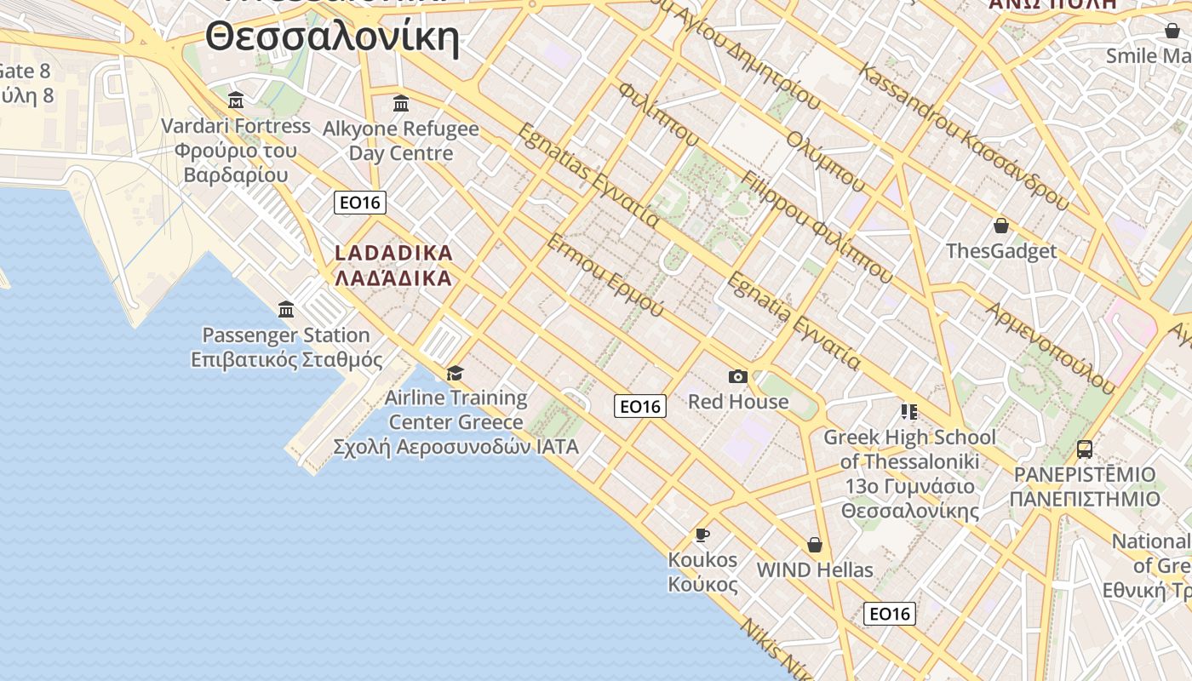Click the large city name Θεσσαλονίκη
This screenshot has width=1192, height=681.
pyautogui.click(x=332, y=37)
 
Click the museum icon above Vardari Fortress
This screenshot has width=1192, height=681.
pyautogui.click(x=236, y=100)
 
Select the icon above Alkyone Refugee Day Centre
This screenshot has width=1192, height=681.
pyautogui.click(x=401, y=104)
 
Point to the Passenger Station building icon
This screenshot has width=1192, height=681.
pyautogui.click(x=286, y=309)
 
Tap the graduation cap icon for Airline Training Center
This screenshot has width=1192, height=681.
pyautogui.click(x=455, y=373)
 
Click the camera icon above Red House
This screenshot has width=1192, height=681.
pyautogui.click(x=737, y=376)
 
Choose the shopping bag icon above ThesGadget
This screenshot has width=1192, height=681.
pyautogui.click(x=1001, y=226)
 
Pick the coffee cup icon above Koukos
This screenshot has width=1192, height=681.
pyautogui.click(x=702, y=535)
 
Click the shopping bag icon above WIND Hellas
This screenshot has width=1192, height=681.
pyautogui.click(x=815, y=545)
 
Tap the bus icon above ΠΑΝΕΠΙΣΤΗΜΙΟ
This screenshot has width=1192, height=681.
pyautogui.click(x=1084, y=449)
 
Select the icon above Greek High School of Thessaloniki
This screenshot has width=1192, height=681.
pyautogui.click(x=908, y=412)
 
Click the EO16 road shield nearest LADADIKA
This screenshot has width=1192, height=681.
pyautogui.click(x=360, y=203)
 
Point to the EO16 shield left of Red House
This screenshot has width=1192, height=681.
pyautogui.click(x=640, y=407)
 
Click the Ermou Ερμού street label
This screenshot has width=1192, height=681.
pyautogui.click(x=605, y=275)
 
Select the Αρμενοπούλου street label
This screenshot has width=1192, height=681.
pyautogui.click(x=1050, y=347)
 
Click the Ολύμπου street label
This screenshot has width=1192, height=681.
pyautogui.click(x=826, y=161)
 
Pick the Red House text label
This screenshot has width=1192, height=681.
pyautogui.click(x=738, y=402)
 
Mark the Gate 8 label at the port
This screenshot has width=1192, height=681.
pyautogui.click(x=26, y=72)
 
